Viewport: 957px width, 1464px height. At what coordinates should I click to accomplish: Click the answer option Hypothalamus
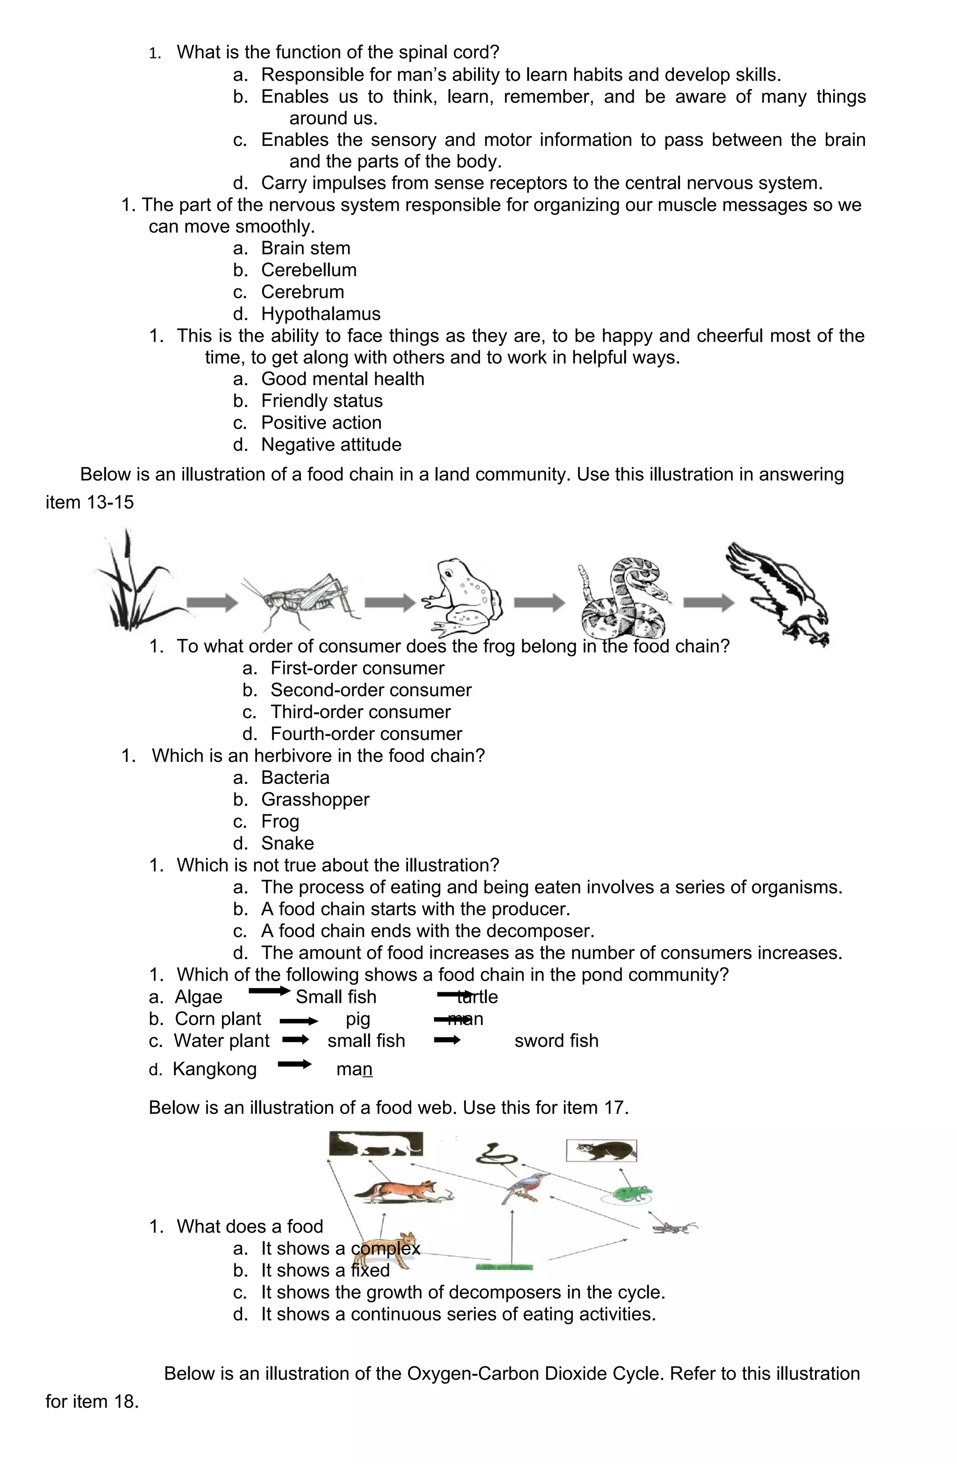[321, 314]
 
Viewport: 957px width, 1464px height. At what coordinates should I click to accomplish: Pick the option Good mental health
[343, 379]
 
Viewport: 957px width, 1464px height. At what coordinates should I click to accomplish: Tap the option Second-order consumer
[371, 690]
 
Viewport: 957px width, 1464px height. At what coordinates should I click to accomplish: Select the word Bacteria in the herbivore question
[295, 777]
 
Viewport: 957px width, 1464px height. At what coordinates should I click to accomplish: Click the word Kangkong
[214, 1069]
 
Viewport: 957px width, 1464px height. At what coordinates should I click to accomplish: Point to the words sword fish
[556, 1041]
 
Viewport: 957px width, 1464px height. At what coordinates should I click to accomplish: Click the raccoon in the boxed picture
[601, 1150]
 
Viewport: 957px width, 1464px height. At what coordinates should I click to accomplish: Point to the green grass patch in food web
[504, 1267]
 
